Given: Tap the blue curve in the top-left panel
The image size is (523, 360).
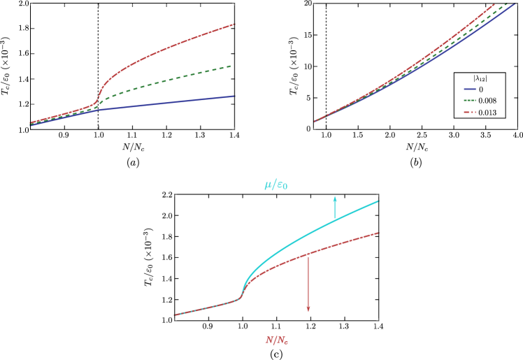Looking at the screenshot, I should [x=168, y=103].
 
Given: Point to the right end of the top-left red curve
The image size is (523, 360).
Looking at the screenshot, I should [x=234, y=24].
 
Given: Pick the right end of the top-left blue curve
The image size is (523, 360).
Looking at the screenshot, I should [x=234, y=96].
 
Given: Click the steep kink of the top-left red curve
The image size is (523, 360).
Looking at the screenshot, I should [x=99, y=94].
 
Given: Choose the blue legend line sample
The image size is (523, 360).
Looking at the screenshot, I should [x=470, y=89].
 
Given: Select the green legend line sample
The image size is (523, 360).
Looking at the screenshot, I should [x=470, y=101].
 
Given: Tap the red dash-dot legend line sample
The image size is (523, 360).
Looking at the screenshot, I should [x=470, y=112].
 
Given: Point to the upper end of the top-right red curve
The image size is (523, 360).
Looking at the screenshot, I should [x=494, y=5].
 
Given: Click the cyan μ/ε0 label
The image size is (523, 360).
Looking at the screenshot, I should [x=275, y=185].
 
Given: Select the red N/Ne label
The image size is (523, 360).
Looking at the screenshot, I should [x=276, y=340].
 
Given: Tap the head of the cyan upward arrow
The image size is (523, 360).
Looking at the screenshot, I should [x=335, y=198].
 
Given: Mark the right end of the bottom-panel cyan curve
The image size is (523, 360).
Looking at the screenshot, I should [x=379, y=201].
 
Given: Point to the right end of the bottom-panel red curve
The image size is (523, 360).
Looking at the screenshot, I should [x=379, y=233].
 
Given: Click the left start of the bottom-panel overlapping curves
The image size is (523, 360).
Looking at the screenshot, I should [x=175, y=315].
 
